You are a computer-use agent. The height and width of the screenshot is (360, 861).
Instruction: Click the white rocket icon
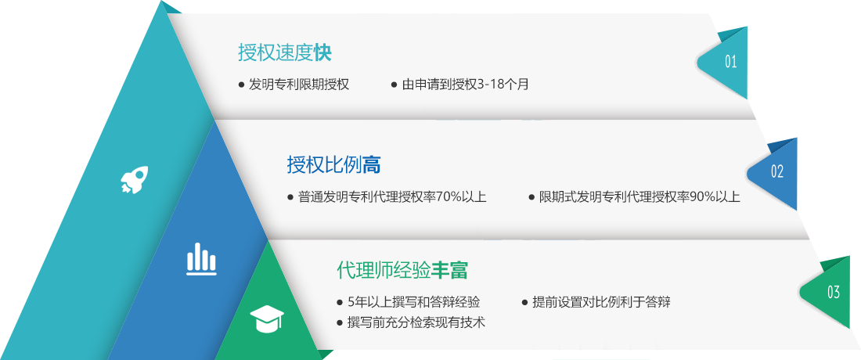[134, 180]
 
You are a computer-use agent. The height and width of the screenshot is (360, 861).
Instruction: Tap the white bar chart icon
[201, 258]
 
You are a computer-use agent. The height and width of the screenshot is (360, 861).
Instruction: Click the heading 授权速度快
[284, 52]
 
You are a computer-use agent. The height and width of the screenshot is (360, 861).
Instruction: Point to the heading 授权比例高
[334, 164]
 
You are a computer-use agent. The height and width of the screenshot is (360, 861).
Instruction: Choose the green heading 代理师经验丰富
[402, 270]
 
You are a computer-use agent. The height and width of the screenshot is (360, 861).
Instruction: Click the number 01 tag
[724, 62]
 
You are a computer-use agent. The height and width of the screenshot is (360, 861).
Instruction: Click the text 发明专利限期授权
[299, 85]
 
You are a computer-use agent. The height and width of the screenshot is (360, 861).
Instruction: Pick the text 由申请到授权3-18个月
[465, 85]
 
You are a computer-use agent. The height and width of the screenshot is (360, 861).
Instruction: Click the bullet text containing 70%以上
[392, 196]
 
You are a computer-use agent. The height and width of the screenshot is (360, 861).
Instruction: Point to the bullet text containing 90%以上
[639, 196]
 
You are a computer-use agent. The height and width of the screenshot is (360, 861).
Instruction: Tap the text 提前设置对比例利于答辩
[601, 302]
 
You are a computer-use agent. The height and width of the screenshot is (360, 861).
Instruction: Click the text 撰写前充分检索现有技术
[416, 322]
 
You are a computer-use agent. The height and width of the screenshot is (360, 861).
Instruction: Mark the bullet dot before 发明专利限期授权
[241, 85]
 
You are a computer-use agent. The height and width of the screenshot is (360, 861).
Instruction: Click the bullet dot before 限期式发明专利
[531, 197]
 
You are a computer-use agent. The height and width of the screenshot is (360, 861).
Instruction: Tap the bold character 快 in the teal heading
[322, 52]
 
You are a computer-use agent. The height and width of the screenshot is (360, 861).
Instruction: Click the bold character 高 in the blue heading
[373, 164]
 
